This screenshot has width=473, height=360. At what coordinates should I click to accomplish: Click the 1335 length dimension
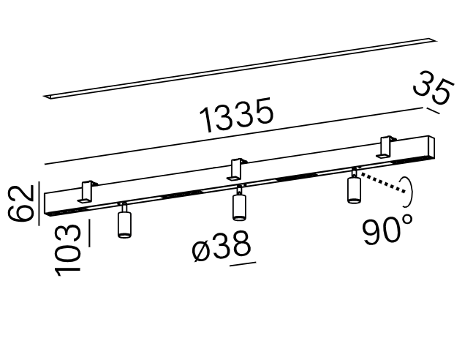coord(237,115)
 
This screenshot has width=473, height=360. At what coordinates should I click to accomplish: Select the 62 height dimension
coord(20,203)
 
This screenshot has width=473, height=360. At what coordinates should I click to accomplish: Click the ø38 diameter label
coord(222,246)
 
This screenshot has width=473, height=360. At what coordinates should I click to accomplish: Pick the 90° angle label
coord(387,230)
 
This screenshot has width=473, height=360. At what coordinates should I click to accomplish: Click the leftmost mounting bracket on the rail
coord(87,192)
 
